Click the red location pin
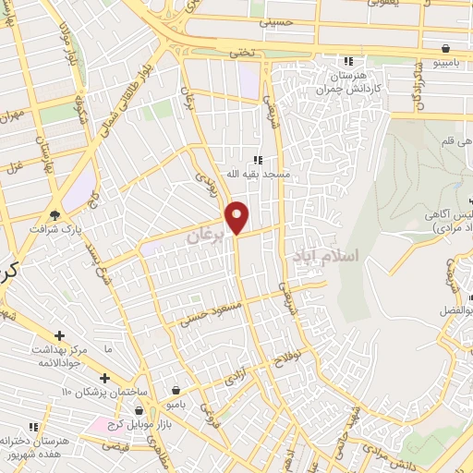237,217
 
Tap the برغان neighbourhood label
206,236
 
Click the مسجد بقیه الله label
261,174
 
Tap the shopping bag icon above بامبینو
446,48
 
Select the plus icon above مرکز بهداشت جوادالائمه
60,334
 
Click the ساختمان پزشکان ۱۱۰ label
104,393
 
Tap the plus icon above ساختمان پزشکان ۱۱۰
104,379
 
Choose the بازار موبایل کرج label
139,422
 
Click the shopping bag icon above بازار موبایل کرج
139,409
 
